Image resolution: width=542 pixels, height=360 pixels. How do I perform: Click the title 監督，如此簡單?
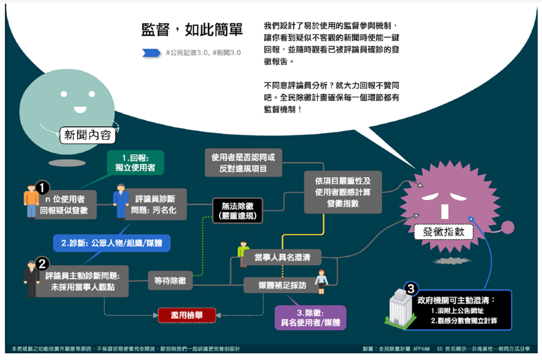click(192, 30)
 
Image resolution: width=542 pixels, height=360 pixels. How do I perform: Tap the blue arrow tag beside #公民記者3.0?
click(151, 53)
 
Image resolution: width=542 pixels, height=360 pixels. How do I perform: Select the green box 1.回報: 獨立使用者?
click(135, 163)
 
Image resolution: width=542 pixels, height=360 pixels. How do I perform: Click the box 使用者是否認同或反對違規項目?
click(243, 162)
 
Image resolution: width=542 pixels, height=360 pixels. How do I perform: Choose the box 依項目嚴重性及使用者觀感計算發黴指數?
click(343, 191)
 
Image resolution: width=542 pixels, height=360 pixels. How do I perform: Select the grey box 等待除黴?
click(170, 281)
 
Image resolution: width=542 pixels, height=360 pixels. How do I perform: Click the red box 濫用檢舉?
click(187, 315)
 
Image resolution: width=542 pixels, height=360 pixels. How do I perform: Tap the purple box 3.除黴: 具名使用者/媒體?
click(310, 317)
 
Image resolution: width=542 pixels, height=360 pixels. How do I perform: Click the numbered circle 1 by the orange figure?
click(42, 187)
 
